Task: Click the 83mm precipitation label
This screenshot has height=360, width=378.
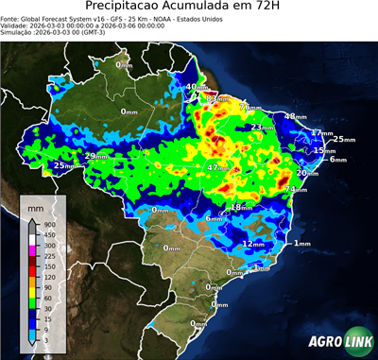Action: click(217, 98)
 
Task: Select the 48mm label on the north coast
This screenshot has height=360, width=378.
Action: click(296, 116)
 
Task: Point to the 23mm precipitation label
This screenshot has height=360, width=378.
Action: click(261, 128)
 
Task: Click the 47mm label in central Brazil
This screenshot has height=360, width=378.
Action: click(216, 167)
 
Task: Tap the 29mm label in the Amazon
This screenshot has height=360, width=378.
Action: click(95, 156)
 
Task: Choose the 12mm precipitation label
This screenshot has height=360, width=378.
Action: click(253, 243)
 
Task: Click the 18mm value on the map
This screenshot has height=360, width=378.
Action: click(241, 207)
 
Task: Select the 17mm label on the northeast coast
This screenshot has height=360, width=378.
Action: click(321, 133)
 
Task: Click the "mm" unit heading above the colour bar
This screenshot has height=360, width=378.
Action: click(35, 205)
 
